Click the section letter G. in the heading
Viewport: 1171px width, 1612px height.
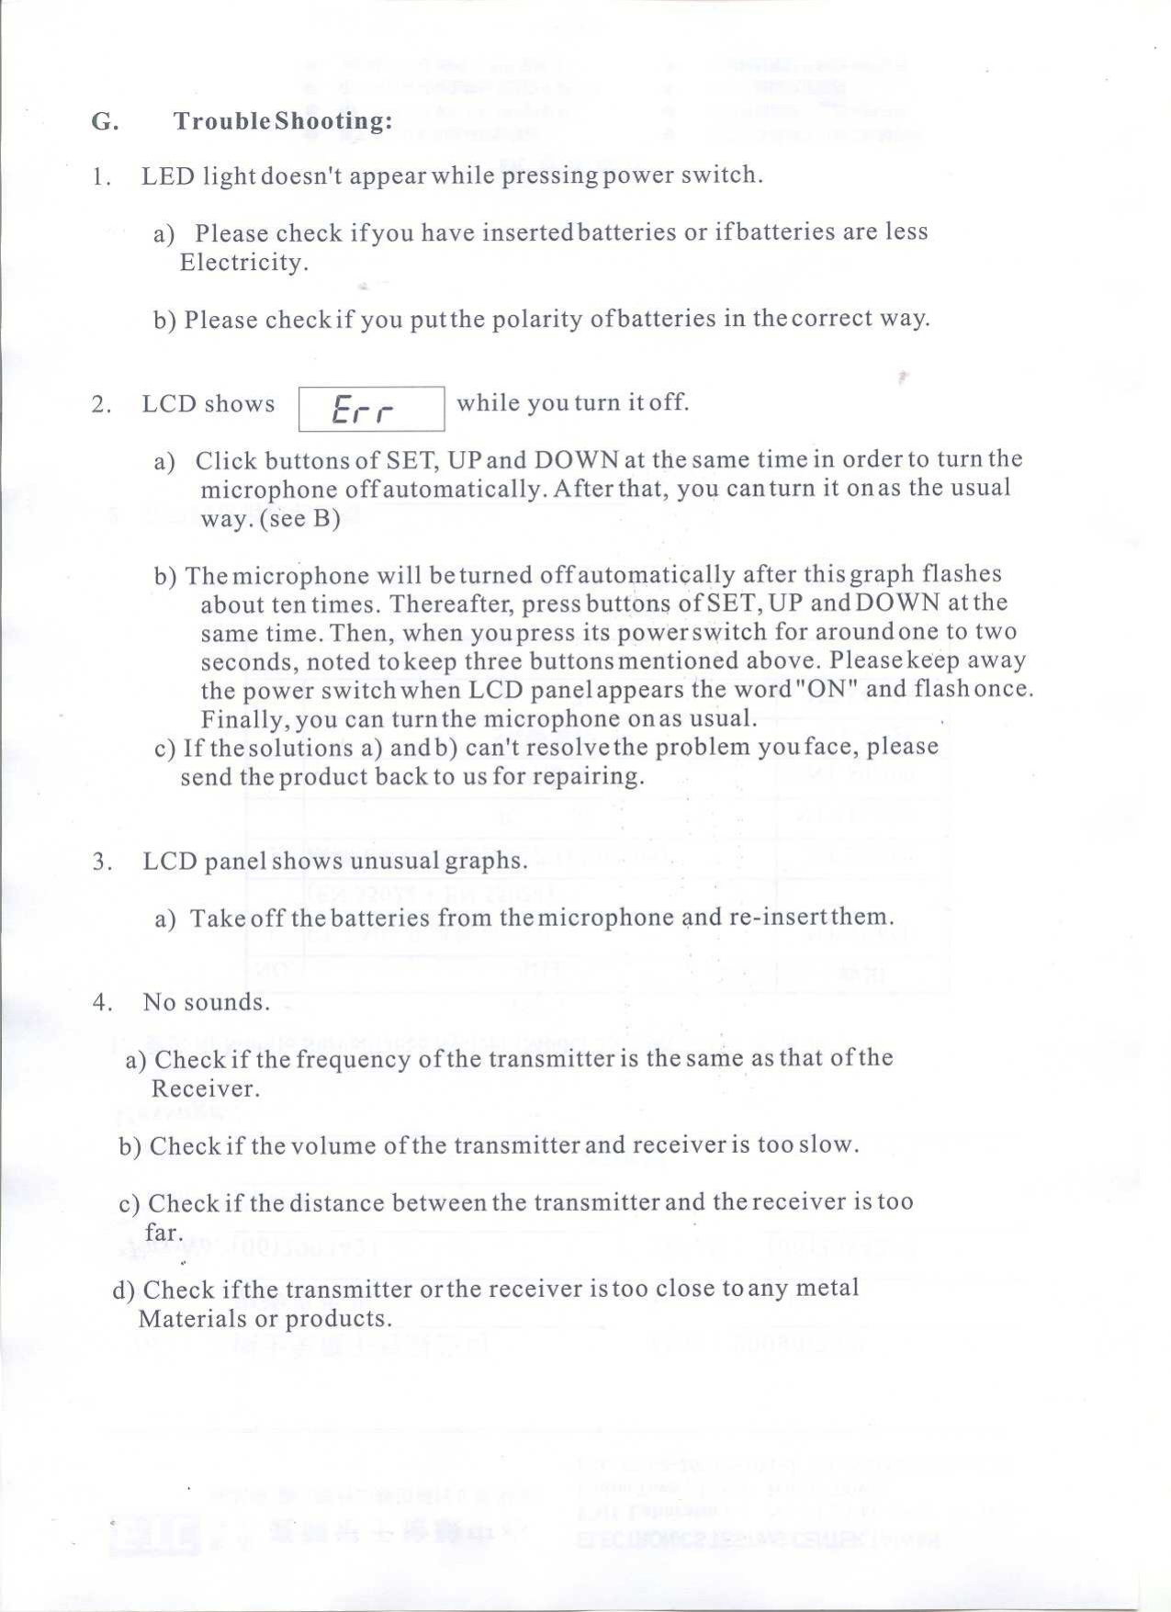105,121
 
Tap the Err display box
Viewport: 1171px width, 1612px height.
371,409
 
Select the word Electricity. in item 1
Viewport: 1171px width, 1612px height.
243,263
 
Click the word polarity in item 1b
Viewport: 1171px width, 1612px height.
536,319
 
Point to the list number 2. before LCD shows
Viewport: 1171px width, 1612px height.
101,404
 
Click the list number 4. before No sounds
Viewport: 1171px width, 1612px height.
102,1002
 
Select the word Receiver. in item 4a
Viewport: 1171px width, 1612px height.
206,1088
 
